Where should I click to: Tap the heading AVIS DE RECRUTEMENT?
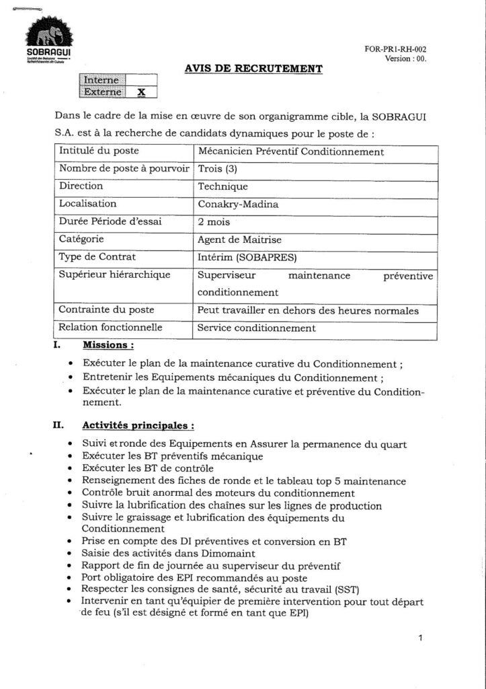pos(253,68)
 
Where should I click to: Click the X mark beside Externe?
pos(141,92)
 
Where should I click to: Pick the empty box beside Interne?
pos(141,80)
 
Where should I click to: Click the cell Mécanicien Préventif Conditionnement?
pos(290,151)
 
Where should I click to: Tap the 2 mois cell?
pos(214,221)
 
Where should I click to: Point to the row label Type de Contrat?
pos(97,256)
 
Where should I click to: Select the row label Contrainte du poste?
pos(107,310)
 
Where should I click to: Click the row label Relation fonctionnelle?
pos(111,328)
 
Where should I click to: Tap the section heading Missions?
pos(108,346)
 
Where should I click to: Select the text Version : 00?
pos(406,59)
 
